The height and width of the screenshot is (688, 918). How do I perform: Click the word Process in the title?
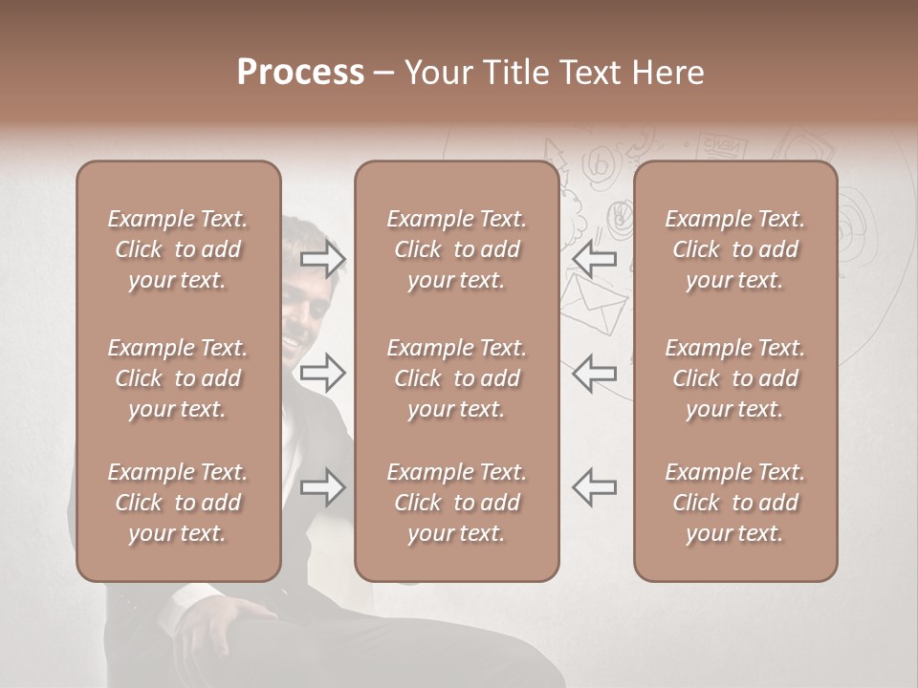[300, 73]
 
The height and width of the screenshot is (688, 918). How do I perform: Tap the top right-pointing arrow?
[323, 258]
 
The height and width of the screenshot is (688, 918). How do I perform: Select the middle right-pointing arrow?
[323, 373]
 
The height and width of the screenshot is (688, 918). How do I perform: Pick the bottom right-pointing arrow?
[323, 487]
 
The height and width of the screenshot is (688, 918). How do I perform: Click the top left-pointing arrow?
[594, 258]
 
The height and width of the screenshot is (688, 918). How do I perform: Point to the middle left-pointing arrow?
[594, 373]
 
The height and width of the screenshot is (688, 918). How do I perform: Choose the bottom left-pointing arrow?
[594, 487]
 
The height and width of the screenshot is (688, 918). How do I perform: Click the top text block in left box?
[178, 249]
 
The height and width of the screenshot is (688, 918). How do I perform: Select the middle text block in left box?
[178, 378]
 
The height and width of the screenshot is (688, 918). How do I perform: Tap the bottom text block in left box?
[178, 503]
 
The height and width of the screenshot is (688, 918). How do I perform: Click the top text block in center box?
[456, 249]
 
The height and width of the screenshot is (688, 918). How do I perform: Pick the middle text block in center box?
[456, 378]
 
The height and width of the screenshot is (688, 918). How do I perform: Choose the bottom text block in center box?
[456, 503]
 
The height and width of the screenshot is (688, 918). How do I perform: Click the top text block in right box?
[734, 249]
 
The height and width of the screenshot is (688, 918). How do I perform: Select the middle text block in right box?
[734, 378]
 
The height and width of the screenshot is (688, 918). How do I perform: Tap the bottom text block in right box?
[734, 503]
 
